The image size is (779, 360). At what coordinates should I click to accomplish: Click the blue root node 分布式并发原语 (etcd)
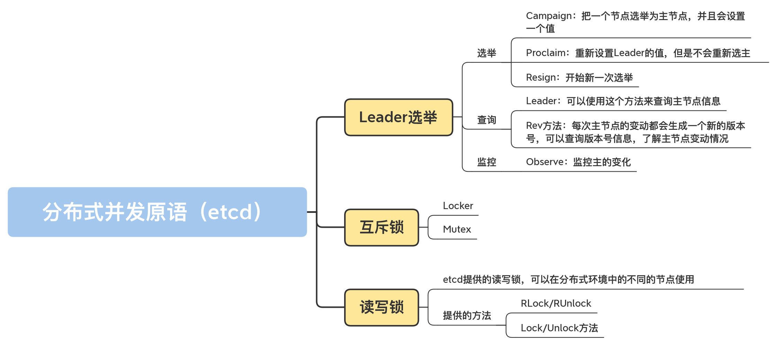pos(157,212)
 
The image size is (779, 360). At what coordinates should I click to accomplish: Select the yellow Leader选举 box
pos(399,117)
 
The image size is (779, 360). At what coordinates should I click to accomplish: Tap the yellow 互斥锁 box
pos(382,227)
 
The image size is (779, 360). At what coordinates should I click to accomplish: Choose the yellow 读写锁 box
pos(382,307)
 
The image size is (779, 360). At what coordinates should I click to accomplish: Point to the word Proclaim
pos(546,53)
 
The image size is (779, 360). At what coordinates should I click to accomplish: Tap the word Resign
pos(541,78)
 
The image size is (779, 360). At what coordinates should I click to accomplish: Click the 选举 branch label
pos(486,53)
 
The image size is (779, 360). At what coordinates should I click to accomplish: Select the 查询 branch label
pos(486,120)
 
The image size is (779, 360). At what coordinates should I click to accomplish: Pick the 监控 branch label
pos(486,162)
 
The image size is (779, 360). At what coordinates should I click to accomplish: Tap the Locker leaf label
pos(458,206)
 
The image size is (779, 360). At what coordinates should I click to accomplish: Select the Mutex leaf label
pos(457,229)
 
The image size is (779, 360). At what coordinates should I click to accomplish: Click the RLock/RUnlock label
pos(556,304)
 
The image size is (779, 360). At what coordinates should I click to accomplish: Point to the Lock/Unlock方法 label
pos(559,328)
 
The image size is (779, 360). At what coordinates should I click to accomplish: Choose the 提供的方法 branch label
pos(467,316)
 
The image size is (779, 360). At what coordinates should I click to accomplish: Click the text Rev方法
pos(544,126)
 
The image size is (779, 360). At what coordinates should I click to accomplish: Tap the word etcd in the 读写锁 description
pos(453,280)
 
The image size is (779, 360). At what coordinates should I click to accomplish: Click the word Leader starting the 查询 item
pos(541,101)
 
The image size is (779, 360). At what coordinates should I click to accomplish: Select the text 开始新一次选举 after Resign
pos(599,78)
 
